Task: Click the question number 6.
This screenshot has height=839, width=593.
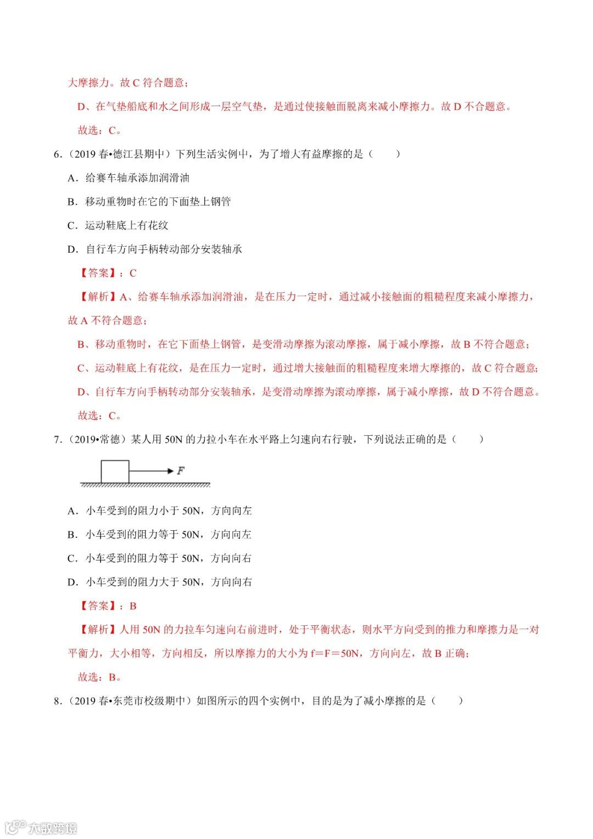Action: (57, 154)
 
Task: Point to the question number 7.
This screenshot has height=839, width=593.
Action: (57, 440)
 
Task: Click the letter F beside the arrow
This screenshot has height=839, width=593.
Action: (181, 471)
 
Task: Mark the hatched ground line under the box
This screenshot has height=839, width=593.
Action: (146, 485)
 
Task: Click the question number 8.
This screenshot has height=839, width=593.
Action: (57, 701)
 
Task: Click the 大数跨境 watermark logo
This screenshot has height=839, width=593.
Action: (41, 827)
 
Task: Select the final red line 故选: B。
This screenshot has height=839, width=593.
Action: (99, 677)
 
